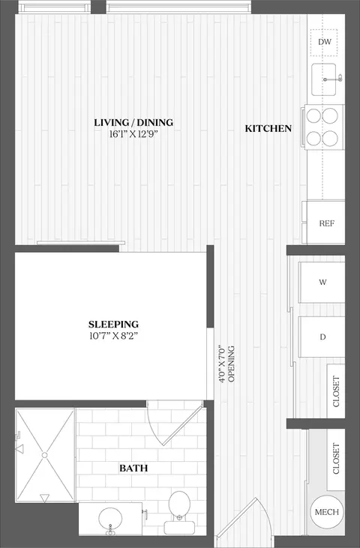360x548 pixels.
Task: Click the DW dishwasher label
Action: pyautogui.click(x=324, y=42)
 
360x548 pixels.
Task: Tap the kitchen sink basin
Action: pyautogui.click(x=324, y=79)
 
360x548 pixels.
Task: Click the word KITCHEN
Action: pyautogui.click(x=268, y=129)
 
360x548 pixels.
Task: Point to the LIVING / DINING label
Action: pyautogui.click(x=133, y=123)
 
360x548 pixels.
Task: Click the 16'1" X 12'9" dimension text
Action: pyautogui.click(x=133, y=134)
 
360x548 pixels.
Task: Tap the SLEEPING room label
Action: pyautogui.click(x=113, y=324)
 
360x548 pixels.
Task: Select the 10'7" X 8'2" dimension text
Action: pyautogui.click(x=113, y=336)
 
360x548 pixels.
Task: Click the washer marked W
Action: pyautogui.click(x=322, y=282)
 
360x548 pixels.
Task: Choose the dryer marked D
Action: pyautogui.click(x=322, y=337)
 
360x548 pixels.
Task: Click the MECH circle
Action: pyautogui.click(x=326, y=512)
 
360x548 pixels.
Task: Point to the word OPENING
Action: pyautogui.click(x=232, y=364)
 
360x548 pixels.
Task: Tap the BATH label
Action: pyautogui.click(x=133, y=468)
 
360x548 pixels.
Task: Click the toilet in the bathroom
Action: pyautogui.click(x=180, y=512)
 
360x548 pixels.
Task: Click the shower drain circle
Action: pyautogui.click(x=44, y=455)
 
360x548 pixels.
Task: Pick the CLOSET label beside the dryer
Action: pyautogui.click(x=336, y=391)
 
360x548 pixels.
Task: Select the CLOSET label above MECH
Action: pyautogui.click(x=336, y=459)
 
